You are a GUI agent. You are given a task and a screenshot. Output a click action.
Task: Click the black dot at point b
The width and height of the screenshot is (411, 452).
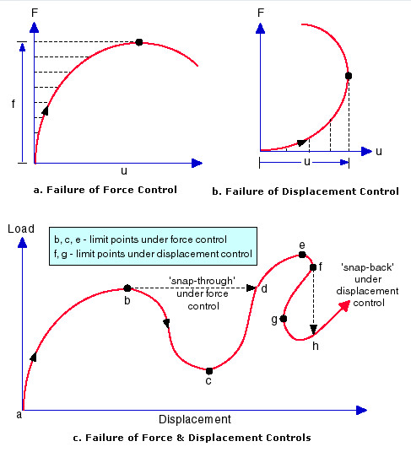pyautogui.click(x=127, y=288)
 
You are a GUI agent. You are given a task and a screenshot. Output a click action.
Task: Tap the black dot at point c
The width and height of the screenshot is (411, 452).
pyautogui.click(x=209, y=371)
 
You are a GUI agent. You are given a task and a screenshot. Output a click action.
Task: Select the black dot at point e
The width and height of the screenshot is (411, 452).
pyautogui.click(x=302, y=255)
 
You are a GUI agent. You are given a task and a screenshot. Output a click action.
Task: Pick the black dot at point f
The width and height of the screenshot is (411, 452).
pyautogui.click(x=313, y=267)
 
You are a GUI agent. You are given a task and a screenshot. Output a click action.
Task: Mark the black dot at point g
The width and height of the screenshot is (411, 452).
pyautogui.click(x=284, y=319)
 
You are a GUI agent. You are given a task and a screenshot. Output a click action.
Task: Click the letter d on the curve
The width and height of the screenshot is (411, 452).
pyautogui.click(x=264, y=288)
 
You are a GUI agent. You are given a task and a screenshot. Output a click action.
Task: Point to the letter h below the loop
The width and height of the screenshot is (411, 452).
pyautogui.click(x=316, y=346)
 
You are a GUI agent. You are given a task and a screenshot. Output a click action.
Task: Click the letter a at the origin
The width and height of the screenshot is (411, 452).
pyautogui.click(x=19, y=415)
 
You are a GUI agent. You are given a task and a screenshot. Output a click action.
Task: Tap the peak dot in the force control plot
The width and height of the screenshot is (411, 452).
pyautogui.click(x=139, y=42)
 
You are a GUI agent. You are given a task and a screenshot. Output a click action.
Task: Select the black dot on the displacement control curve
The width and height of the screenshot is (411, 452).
pyautogui.click(x=349, y=76)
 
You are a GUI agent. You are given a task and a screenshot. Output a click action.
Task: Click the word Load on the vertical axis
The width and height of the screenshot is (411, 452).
pyautogui.click(x=21, y=229)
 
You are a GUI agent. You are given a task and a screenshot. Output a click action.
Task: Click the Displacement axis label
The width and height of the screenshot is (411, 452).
pyautogui.click(x=195, y=419)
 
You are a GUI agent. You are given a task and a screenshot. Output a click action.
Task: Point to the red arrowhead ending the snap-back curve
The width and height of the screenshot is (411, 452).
pyautogui.click(x=345, y=305)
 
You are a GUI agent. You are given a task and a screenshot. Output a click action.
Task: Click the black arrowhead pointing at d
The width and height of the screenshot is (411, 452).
pyautogui.click(x=251, y=288)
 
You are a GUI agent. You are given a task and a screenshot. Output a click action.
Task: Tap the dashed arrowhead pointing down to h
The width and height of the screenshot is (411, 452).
pyautogui.click(x=313, y=330)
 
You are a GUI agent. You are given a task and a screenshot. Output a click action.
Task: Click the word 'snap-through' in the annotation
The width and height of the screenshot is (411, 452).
pyautogui.click(x=202, y=281)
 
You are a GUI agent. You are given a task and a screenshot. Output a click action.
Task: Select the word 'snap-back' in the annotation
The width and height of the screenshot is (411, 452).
pyautogui.click(x=367, y=267)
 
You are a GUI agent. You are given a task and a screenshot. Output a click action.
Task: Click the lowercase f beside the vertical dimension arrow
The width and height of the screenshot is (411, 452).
pyautogui.click(x=13, y=104)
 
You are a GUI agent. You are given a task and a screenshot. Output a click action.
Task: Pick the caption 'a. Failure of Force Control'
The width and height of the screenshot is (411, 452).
pyautogui.click(x=105, y=190)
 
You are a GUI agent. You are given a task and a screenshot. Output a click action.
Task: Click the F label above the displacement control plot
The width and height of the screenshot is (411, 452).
pyautogui.click(x=261, y=13)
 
